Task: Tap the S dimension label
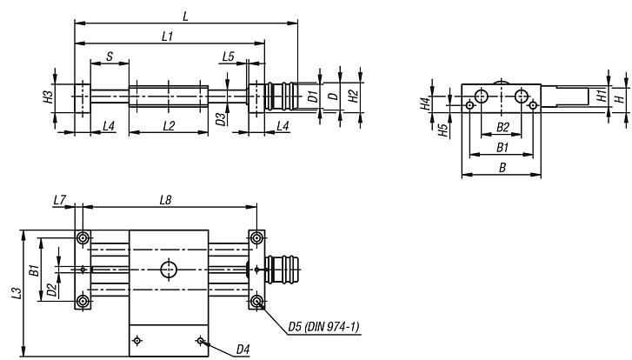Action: click(110, 56)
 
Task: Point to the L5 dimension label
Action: click(228, 56)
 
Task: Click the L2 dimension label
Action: click(169, 126)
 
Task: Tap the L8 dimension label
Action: click(167, 201)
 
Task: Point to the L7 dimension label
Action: click(58, 201)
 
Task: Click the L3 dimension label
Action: click(17, 294)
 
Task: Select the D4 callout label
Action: click(243, 350)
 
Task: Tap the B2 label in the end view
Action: click(502, 127)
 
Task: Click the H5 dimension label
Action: click(443, 130)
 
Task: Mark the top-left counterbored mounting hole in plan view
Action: click(83, 238)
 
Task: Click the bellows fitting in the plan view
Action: click(284, 270)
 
